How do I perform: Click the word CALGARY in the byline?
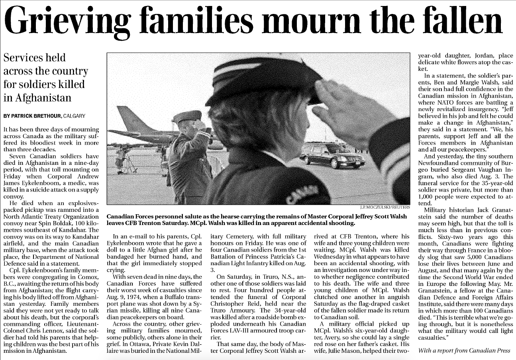pos(74,116)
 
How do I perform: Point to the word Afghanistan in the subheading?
pos(37,98)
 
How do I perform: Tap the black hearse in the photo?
pos(326,156)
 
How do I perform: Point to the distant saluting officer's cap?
pos(187,117)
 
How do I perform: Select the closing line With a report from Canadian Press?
pos(464,351)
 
